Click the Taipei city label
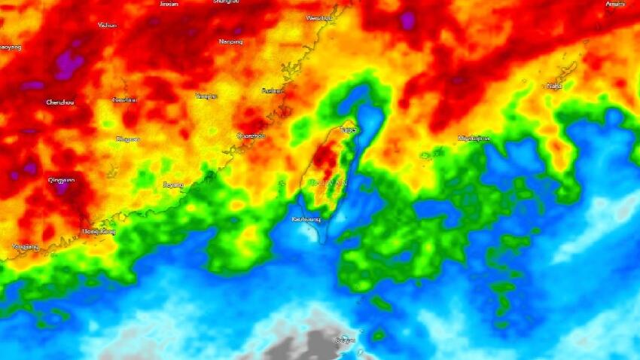click(x=348, y=130)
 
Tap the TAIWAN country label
click(x=327, y=183)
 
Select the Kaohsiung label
click(x=306, y=219)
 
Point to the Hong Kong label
click(x=98, y=231)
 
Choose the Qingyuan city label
click(x=60, y=181)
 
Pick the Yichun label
click(x=107, y=25)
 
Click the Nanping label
click(x=230, y=41)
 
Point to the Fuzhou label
click(x=272, y=90)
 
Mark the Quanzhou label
click(x=251, y=136)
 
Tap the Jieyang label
click(x=172, y=185)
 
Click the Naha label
click(x=554, y=86)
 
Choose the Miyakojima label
click(x=474, y=139)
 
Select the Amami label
click(x=615, y=4)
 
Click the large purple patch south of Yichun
click(x=70, y=63)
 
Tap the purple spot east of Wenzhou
click(x=407, y=20)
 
